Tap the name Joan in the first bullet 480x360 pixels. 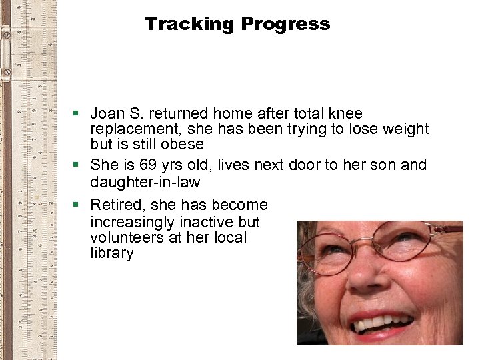click(107, 114)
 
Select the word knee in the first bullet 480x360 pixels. click(345, 114)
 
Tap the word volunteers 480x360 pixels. click(127, 237)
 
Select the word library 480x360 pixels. click(111, 253)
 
